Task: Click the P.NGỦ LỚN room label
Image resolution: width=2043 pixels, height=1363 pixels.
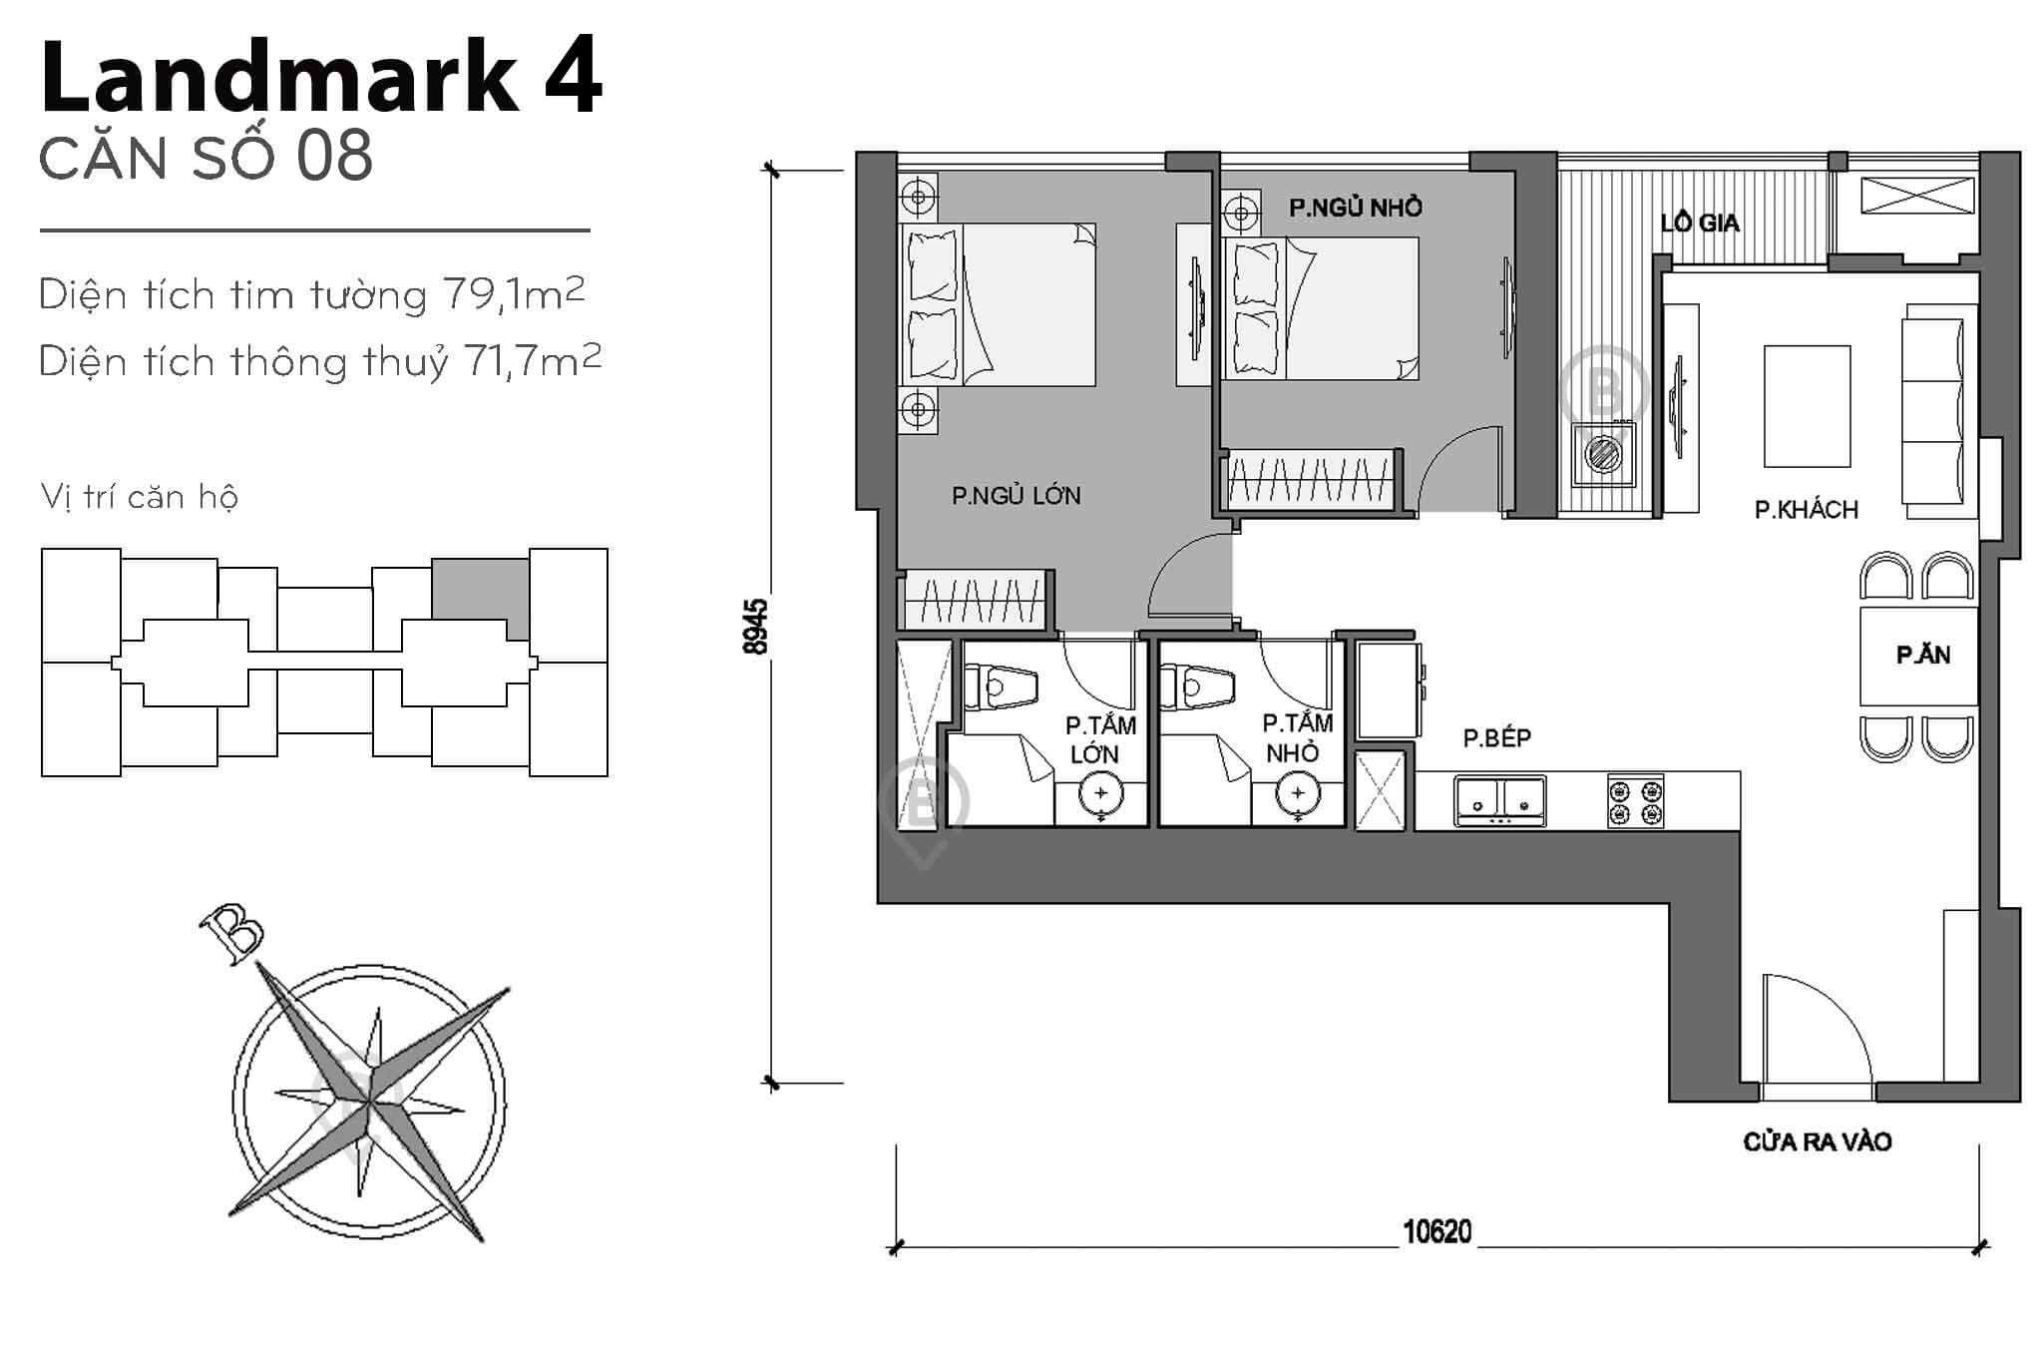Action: (x=1016, y=495)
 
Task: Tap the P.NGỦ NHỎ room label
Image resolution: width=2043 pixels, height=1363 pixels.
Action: (x=1355, y=208)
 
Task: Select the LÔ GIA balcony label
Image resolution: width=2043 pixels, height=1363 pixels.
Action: (x=1699, y=223)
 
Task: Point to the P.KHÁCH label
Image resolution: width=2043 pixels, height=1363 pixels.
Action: (x=1806, y=510)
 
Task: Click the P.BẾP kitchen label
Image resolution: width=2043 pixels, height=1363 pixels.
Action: (x=1496, y=737)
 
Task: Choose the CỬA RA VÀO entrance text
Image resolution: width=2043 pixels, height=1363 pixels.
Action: (x=1817, y=1141)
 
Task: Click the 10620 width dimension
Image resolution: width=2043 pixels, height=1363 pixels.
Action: (x=1436, y=1232)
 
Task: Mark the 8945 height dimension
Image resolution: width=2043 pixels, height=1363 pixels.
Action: (x=756, y=626)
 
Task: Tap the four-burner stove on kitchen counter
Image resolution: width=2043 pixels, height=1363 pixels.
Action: (x=1635, y=802)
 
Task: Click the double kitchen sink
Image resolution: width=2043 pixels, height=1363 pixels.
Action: (x=1500, y=801)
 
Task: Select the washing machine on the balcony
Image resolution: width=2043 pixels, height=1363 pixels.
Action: (x=1603, y=455)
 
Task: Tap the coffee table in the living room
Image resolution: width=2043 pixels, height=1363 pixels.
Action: (x=1807, y=406)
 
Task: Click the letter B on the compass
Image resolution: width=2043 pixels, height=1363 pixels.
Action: (x=231, y=934)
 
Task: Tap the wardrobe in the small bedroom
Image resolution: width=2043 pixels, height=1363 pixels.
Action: (x=1309, y=481)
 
